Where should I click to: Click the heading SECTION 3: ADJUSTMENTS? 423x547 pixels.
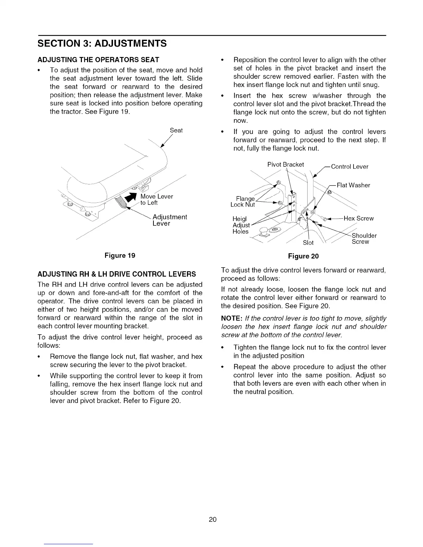point(102,44)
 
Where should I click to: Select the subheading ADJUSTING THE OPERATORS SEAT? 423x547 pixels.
point(98,59)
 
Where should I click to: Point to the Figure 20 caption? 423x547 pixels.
point(303,256)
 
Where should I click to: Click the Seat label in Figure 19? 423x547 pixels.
point(176,131)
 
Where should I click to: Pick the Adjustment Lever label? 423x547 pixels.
point(169,220)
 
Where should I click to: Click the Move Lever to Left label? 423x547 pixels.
point(156,200)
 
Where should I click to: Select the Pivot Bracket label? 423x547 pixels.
point(285,164)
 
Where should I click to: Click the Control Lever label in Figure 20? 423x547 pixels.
point(349,167)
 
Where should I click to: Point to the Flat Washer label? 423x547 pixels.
point(353,185)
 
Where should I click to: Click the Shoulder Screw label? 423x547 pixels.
point(364,239)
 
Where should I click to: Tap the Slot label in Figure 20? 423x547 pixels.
point(308,242)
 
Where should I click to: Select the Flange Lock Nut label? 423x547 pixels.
point(243,202)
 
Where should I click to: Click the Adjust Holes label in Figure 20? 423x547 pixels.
point(241,225)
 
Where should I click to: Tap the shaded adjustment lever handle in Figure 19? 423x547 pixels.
point(121,202)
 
